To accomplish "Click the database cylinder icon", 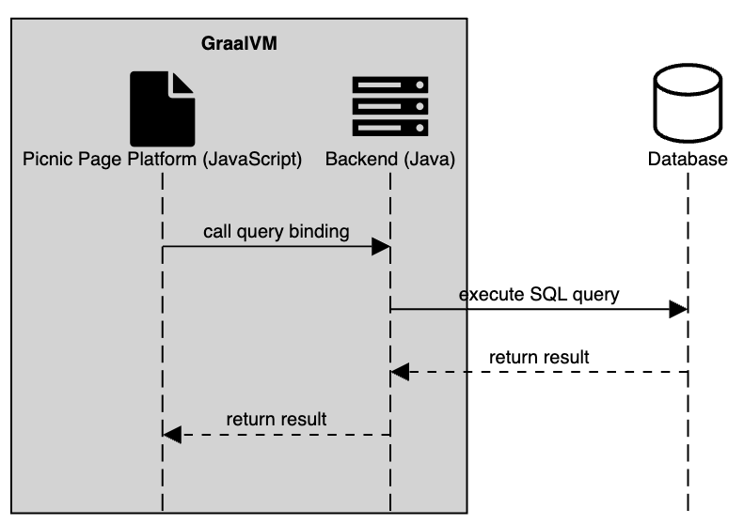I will [x=688, y=107].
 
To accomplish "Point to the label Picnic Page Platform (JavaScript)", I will [x=162, y=160].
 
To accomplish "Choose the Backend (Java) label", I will [x=390, y=160].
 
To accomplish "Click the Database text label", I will [x=688, y=160].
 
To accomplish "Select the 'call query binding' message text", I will [x=277, y=231].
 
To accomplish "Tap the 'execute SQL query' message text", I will [x=539, y=295].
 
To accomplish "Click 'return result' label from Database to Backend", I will [x=539, y=358].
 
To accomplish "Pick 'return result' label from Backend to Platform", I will [x=277, y=419].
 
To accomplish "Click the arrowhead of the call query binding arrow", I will [x=381, y=247].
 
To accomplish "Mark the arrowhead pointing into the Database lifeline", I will [x=678, y=310].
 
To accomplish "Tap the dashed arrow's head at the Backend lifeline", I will [x=401, y=373].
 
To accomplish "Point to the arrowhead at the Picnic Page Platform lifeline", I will [x=171, y=434].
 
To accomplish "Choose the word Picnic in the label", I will [x=44, y=160].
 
